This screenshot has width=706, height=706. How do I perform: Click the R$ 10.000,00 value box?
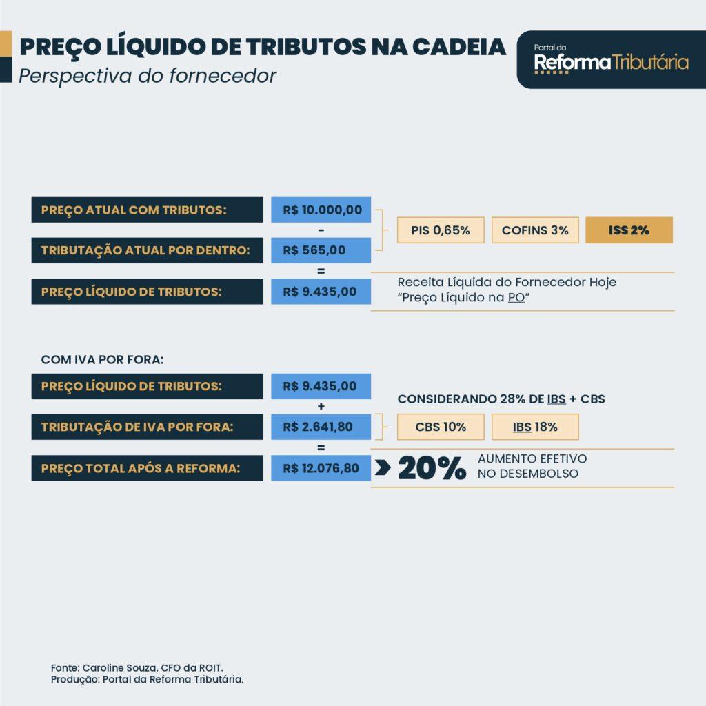click(x=321, y=210)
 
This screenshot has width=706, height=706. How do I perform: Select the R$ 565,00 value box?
click(x=321, y=250)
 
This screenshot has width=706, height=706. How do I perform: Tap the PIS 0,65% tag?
click(x=441, y=230)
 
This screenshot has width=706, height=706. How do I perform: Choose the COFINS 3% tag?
click(x=535, y=230)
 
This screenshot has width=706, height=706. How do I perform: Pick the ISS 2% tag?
click(x=629, y=230)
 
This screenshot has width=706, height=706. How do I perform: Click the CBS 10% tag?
click(x=441, y=427)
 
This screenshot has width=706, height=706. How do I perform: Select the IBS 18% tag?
click(x=535, y=427)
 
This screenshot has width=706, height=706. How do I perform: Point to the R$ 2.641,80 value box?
click(x=321, y=427)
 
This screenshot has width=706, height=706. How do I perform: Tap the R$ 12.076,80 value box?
click(x=321, y=468)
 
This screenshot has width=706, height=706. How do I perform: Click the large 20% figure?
click(x=432, y=468)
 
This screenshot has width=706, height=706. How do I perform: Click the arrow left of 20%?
click(x=383, y=468)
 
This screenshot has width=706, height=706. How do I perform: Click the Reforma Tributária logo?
click(x=611, y=60)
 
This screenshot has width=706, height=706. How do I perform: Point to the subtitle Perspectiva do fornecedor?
click(x=148, y=75)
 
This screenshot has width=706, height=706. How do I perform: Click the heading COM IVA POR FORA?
click(x=102, y=360)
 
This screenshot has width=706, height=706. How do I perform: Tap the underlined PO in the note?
click(x=516, y=299)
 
